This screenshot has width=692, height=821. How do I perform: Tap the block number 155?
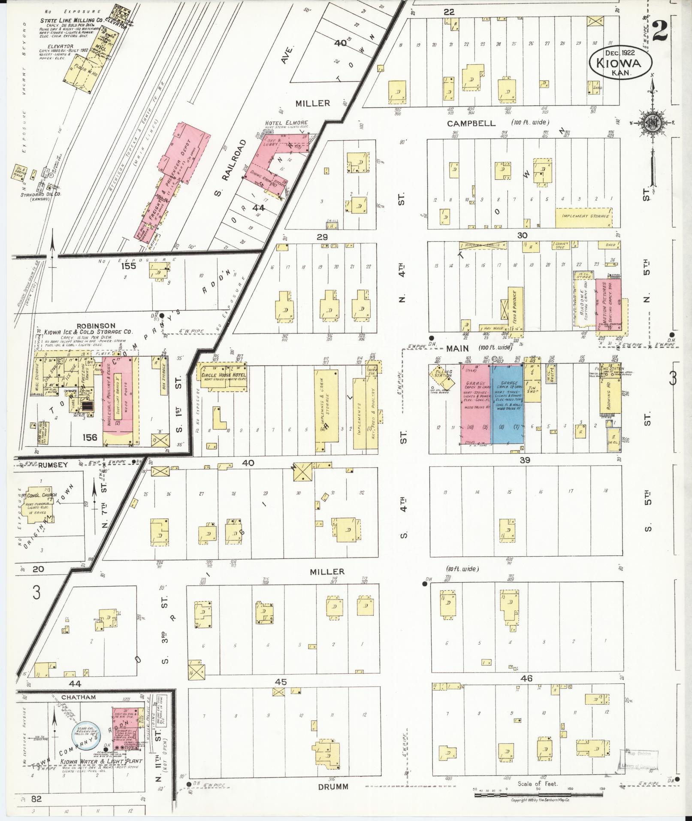(x=128, y=266)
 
